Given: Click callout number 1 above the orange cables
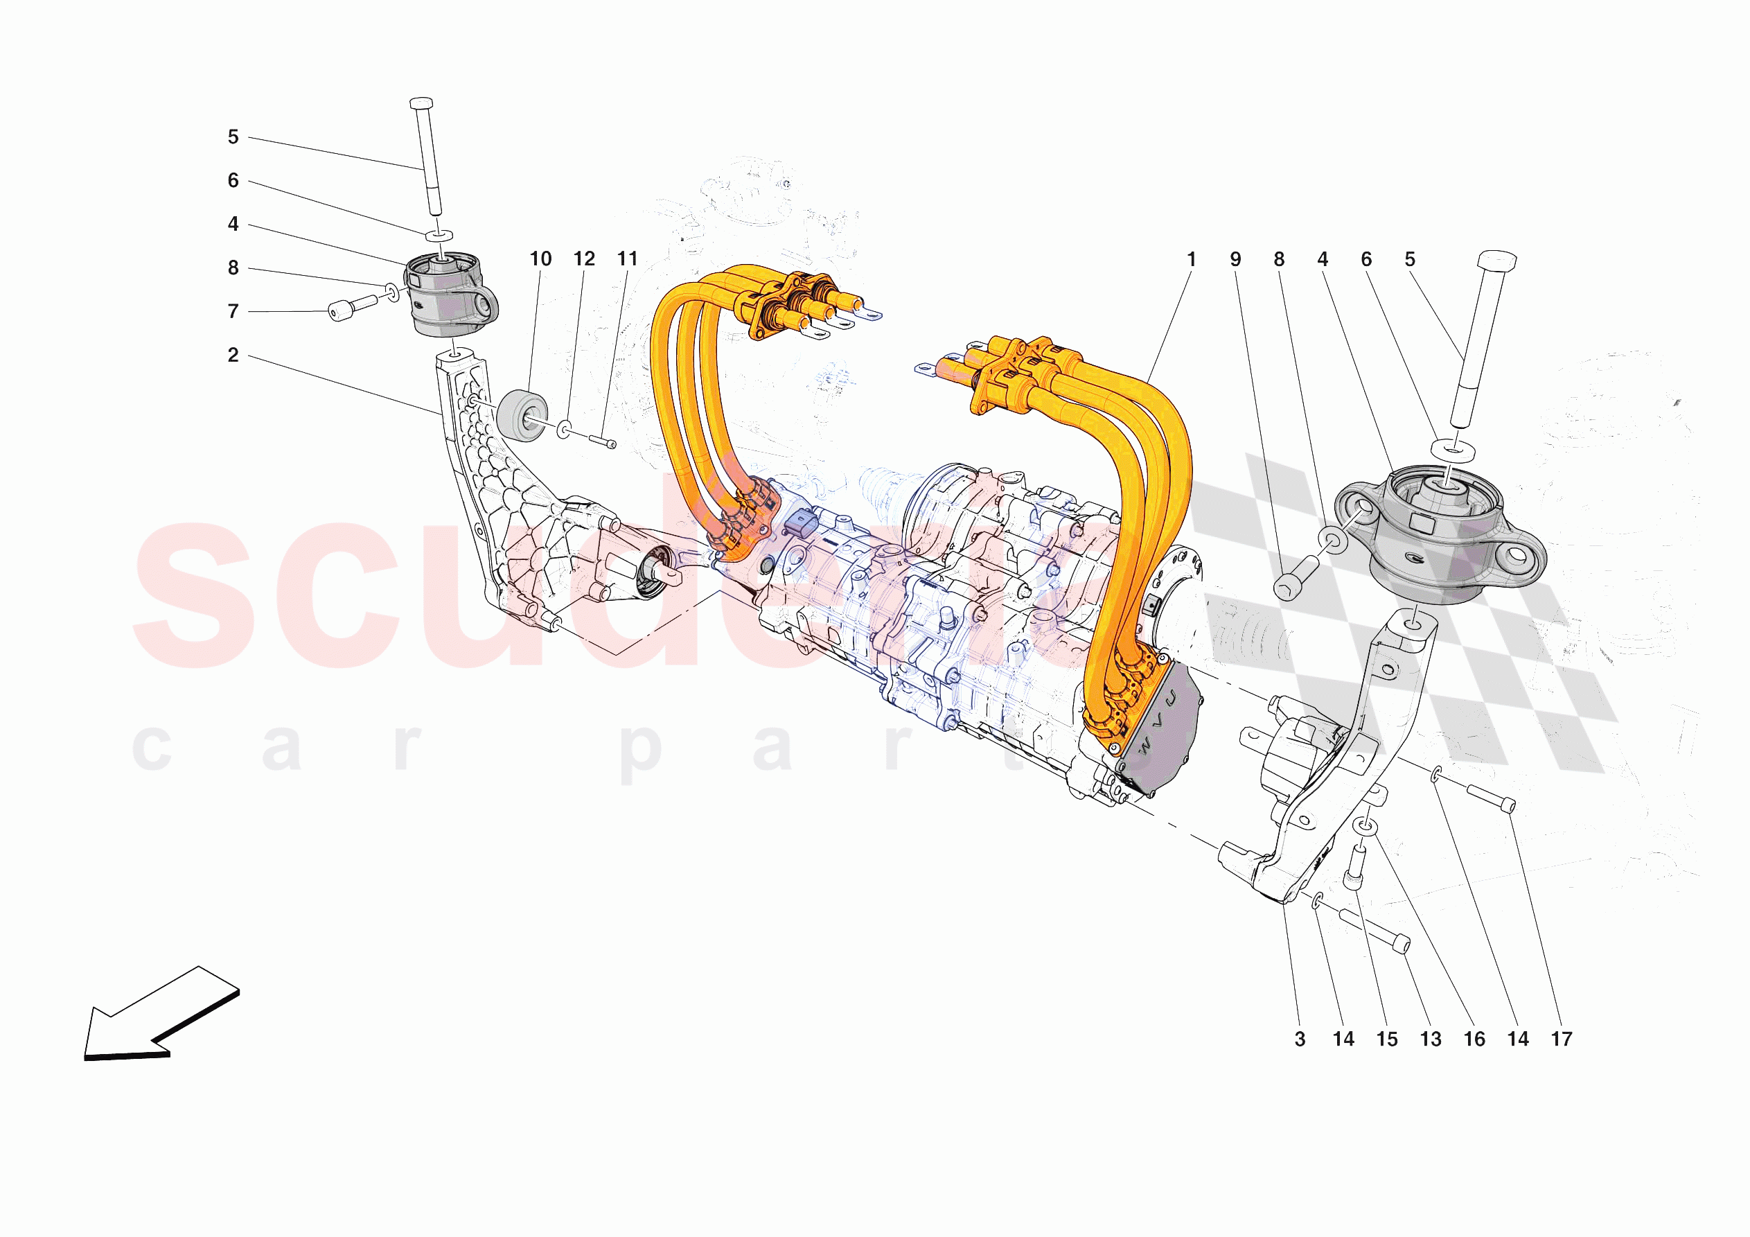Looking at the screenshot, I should (x=1192, y=260).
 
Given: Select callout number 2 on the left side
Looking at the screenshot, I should (x=233, y=356).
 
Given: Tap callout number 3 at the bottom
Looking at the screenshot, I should (x=1300, y=1039).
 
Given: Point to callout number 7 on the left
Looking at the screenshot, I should (x=233, y=312).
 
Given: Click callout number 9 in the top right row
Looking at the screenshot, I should (x=1235, y=260).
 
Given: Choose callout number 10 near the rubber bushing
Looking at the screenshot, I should (x=540, y=259).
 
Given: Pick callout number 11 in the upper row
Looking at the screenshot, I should (x=627, y=259).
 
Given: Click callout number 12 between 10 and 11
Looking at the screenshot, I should (x=585, y=259).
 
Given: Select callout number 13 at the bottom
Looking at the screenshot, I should (x=1431, y=1039).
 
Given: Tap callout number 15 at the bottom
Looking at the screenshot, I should (x=1387, y=1039).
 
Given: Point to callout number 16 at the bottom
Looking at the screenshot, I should (x=1474, y=1039).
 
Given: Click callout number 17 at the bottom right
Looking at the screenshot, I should (x=1562, y=1039).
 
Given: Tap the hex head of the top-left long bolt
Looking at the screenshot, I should (x=421, y=103).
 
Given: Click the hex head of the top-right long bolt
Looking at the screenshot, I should (x=1496, y=261).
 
